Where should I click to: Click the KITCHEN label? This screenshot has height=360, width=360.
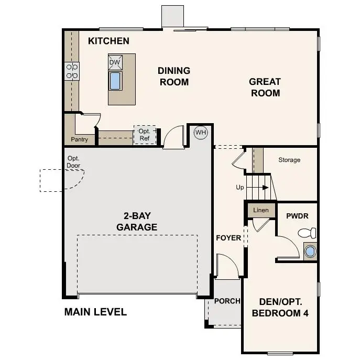tap(108, 41)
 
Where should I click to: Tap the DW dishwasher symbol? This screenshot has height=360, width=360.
tap(115, 63)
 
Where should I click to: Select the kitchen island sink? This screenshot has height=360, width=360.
tap(115, 80)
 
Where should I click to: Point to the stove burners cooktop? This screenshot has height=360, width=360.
tap(72, 71)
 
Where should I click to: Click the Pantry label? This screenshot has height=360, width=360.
tap(79, 140)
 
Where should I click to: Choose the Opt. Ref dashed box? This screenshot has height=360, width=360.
tap(145, 135)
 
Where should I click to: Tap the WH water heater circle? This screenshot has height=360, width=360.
tap(201, 133)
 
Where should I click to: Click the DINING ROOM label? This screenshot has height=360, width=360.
tap(174, 76)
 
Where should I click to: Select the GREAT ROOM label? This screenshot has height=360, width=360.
tap(265, 88)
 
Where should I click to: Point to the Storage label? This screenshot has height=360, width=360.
tap(289, 160)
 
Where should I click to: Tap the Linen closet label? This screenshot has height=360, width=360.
tap(261, 210)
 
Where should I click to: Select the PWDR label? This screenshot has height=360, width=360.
tap(296, 216)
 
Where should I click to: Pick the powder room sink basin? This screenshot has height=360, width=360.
tap(310, 251)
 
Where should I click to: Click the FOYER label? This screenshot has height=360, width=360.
tap(228, 238)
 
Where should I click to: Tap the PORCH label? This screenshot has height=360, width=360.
tap(227, 301)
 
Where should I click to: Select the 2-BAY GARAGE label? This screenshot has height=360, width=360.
tap(137, 222)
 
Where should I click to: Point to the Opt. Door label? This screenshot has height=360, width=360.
tap(73, 162)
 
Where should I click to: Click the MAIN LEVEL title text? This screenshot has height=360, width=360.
tap(95, 312)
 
